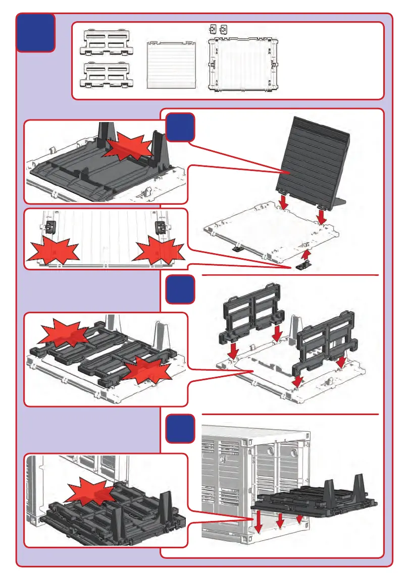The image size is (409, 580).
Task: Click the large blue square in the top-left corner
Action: pos(35,33)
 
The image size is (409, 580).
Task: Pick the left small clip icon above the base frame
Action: pos(213,29)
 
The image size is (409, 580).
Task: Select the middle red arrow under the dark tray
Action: pos(281,520)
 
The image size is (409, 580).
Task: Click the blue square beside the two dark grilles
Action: pos(180,289)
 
